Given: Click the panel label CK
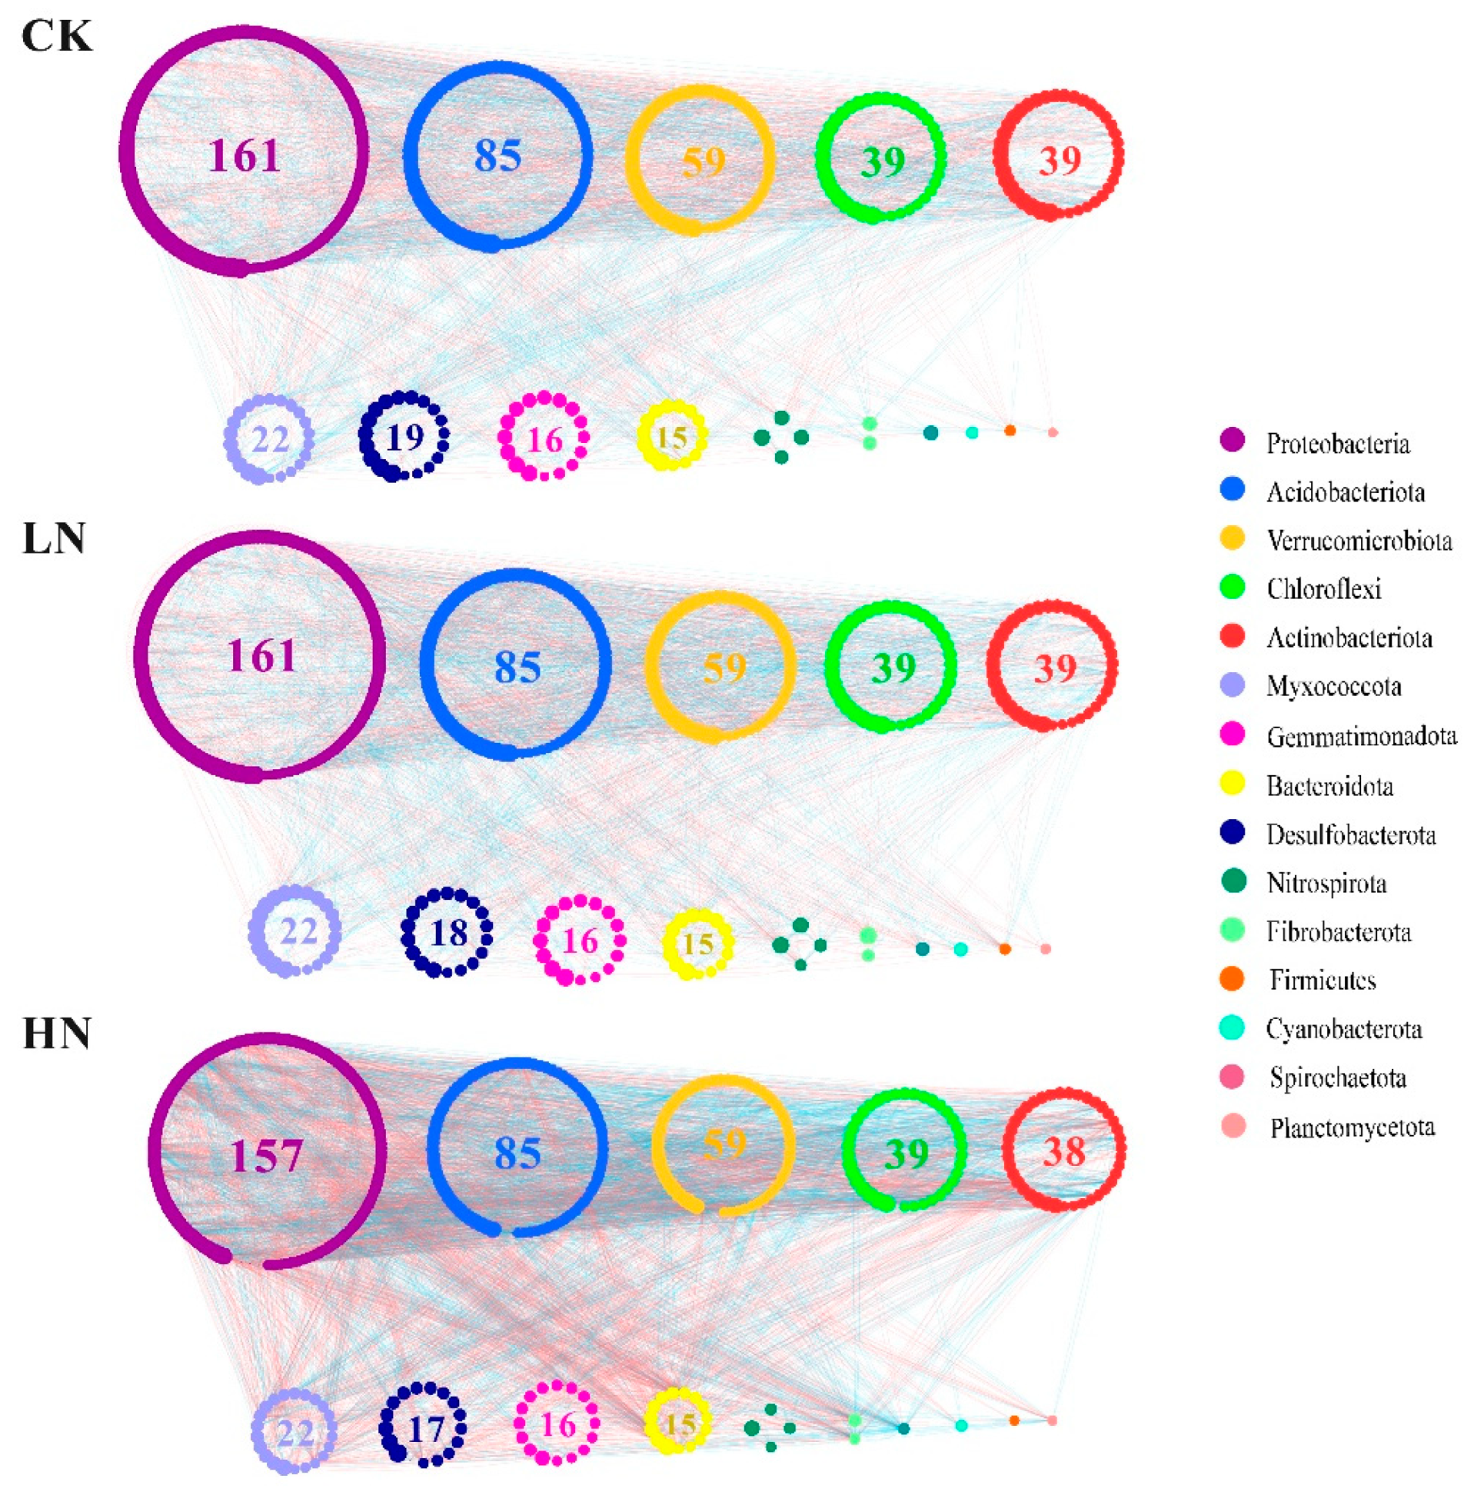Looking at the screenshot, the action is [x=56, y=35].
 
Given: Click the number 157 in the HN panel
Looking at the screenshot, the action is [x=266, y=1155].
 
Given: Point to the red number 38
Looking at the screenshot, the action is [x=1064, y=1151].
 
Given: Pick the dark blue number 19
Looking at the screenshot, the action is [x=404, y=438].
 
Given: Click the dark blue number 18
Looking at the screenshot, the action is [x=448, y=933].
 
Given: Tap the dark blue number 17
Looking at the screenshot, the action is [x=425, y=1430].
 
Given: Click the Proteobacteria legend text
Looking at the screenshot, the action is [x=1338, y=444].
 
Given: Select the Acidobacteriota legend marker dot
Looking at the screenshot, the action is [x=1233, y=489].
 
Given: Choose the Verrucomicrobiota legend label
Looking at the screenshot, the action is [x=1359, y=541].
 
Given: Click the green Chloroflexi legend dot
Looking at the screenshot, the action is [x=1233, y=586].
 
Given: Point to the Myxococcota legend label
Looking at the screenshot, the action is [x=1334, y=686].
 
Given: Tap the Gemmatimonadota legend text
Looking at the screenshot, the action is [x=1362, y=736].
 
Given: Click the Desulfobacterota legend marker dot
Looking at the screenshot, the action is [x=1233, y=831].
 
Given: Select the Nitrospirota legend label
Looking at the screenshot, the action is [x=1326, y=883].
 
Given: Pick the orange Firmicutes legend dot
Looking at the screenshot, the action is [x=1233, y=978].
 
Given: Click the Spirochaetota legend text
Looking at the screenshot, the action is [x=1338, y=1077].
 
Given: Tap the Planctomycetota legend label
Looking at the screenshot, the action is [x=1353, y=1128].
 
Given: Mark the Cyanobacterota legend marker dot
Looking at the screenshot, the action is [x=1233, y=1027].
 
